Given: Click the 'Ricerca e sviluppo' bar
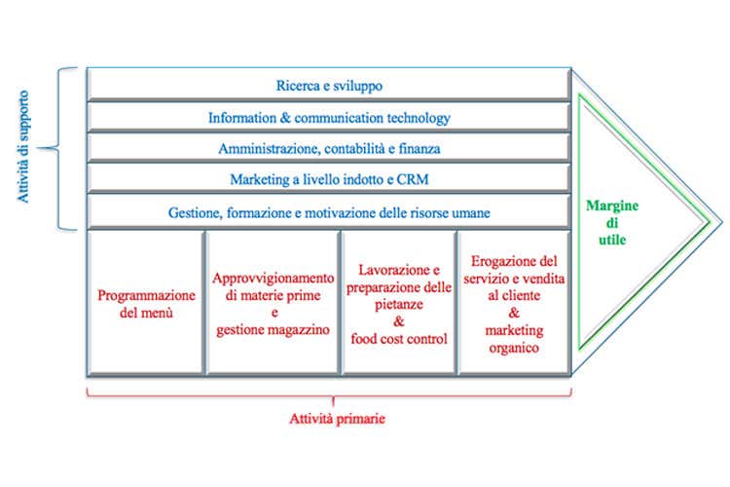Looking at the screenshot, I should coord(328,86).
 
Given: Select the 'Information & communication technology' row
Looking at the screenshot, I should coord(328,118).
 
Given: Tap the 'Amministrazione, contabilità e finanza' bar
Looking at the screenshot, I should coord(328,149).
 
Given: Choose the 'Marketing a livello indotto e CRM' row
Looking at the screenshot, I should coord(328,180).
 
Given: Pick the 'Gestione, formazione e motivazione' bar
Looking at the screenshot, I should coord(328,211).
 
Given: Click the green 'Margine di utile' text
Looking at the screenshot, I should coord(611,222).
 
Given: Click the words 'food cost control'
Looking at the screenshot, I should coord(399,339).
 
